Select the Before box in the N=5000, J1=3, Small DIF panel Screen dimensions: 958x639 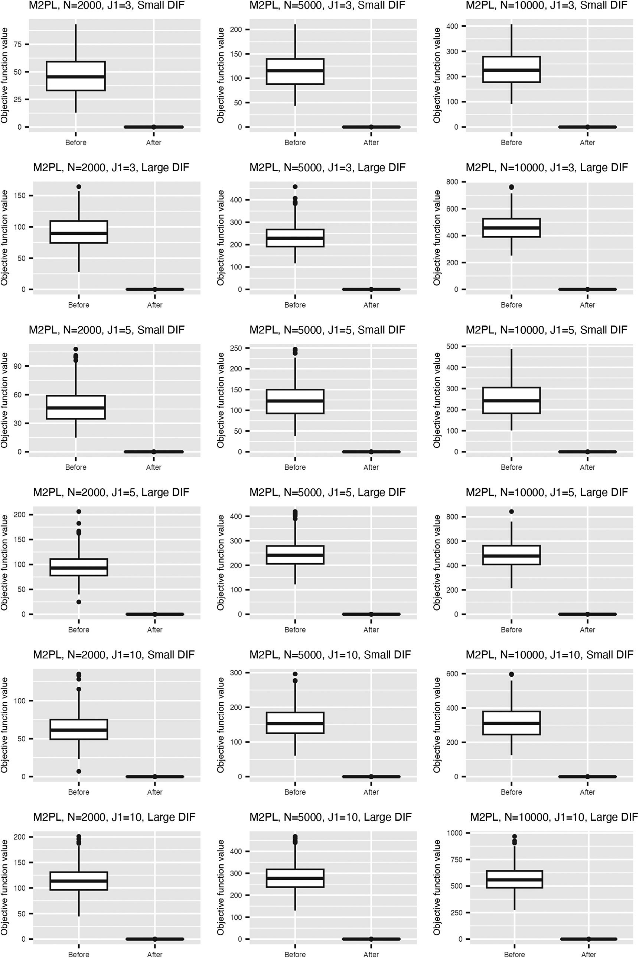[295, 71]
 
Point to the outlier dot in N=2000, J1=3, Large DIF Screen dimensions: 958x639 [79, 187]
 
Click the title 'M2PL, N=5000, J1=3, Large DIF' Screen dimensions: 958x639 [327, 168]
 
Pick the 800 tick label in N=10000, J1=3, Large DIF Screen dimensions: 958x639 [452, 182]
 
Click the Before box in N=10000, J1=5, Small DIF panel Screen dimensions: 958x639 [511, 401]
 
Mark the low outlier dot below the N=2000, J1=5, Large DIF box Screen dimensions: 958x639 [79, 602]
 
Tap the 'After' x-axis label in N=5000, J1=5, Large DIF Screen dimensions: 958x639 [371, 630]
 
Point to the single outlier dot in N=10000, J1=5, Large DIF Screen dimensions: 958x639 [511, 511]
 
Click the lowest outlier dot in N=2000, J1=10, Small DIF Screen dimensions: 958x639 [79, 771]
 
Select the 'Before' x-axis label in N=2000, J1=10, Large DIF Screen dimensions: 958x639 [79, 954]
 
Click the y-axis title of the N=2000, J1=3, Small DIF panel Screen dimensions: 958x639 [4, 75]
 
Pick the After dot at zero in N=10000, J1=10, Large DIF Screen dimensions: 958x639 [589, 939]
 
